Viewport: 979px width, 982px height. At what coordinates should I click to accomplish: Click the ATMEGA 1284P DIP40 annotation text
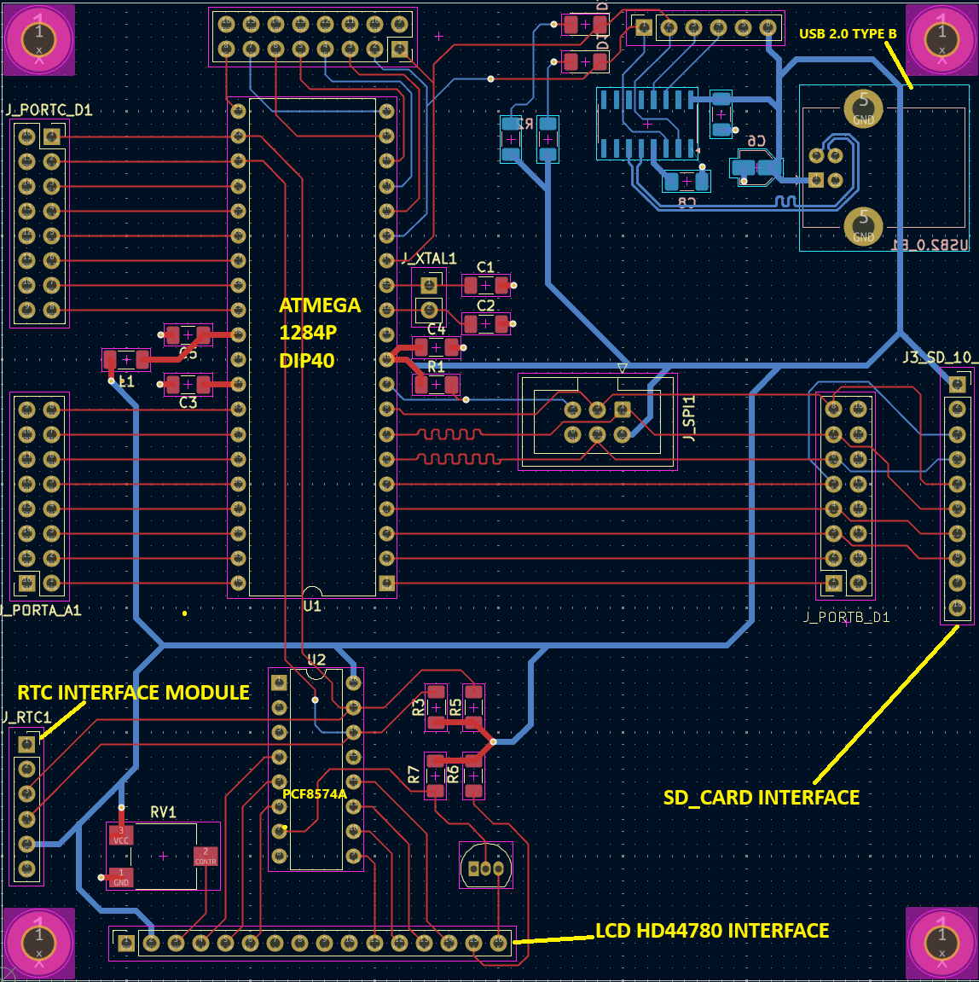click(319, 333)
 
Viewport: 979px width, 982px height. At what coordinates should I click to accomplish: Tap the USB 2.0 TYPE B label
click(847, 34)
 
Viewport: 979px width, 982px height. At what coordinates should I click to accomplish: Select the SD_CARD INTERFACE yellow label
click(761, 798)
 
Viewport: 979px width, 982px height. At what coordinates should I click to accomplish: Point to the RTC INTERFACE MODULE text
click(134, 693)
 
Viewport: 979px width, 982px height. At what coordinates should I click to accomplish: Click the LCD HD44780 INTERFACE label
click(711, 931)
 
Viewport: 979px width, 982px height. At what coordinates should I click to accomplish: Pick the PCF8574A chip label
click(315, 794)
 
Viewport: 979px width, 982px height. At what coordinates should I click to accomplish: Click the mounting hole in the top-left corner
click(38, 39)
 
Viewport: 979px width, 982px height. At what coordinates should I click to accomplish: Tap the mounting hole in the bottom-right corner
click(941, 943)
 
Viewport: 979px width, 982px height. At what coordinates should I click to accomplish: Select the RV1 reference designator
click(163, 812)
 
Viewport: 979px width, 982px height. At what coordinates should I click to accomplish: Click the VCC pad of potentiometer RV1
click(121, 835)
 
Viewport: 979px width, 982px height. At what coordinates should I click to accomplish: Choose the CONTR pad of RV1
click(206, 857)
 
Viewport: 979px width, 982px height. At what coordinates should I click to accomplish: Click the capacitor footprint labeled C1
click(485, 286)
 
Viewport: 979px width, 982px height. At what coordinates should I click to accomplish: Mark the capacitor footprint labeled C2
click(485, 324)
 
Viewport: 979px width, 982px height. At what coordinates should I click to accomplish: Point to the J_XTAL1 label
click(429, 259)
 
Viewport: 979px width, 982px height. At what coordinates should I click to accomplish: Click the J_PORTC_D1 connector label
click(49, 110)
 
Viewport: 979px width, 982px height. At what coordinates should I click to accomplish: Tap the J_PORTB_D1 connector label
click(847, 617)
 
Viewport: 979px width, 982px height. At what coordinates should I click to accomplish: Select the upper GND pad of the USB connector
click(863, 108)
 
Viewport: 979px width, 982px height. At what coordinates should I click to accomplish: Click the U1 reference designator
click(312, 606)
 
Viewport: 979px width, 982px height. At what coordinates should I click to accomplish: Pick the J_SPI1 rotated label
click(689, 418)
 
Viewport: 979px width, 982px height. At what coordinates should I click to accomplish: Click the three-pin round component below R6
click(485, 869)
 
